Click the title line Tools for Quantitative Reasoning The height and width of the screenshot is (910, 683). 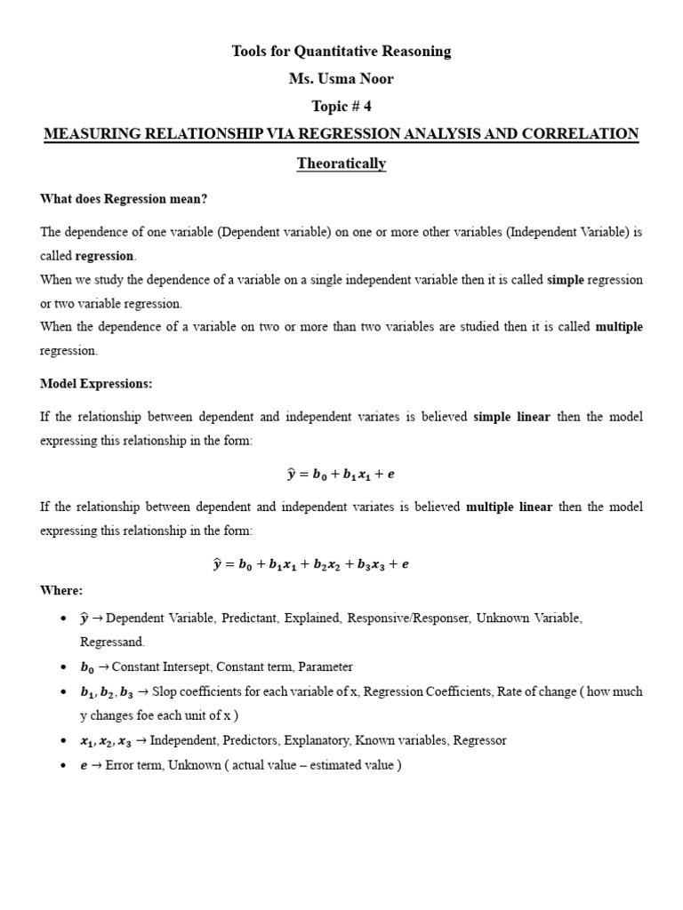pos(341,52)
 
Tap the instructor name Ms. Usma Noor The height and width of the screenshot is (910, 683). pos(341,79)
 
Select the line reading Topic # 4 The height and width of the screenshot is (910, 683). pos(341,107)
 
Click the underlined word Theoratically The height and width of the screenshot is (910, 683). pos(341,164)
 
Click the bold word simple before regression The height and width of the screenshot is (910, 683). pos(566,279)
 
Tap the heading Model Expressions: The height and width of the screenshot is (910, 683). pos(96,383)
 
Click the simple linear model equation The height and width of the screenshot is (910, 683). pos(341,475)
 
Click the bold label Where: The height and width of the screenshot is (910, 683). pos(61,590)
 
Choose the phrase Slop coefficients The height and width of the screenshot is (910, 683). pos(193,691)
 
